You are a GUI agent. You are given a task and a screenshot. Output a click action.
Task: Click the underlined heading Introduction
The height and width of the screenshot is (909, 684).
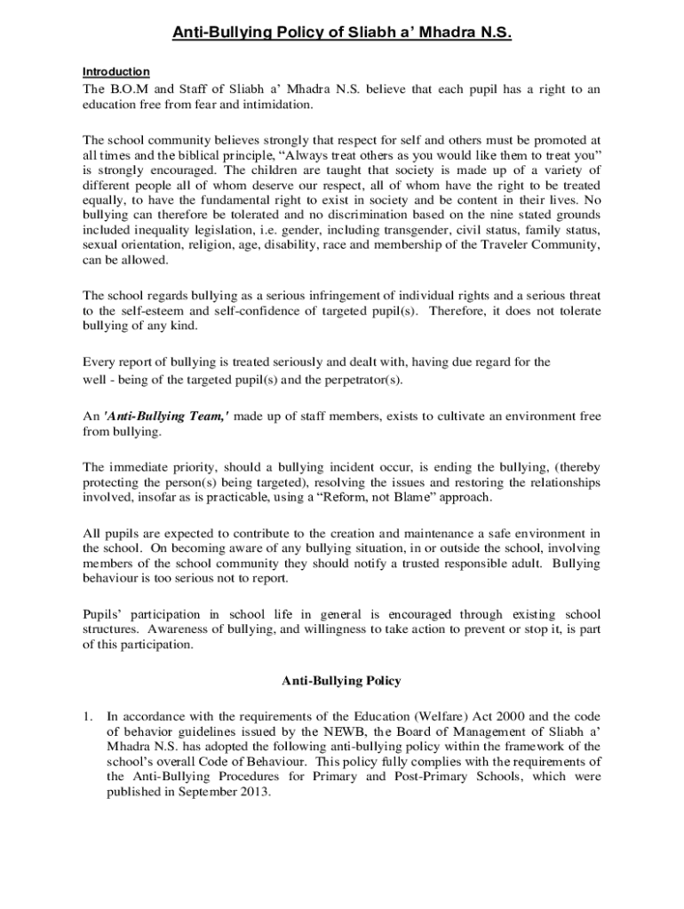[115, 72]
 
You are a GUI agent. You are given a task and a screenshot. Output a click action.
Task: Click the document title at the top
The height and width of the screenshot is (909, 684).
[342, 34]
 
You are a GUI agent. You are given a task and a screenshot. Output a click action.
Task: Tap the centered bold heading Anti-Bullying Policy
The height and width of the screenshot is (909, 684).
[342, 681]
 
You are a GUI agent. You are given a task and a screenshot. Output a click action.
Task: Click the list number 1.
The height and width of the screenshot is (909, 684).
[87, 715]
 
